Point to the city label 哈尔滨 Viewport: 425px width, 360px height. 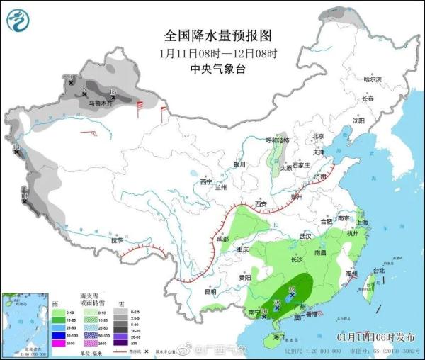tap(372, 79)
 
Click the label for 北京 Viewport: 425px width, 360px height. tap(317, 136)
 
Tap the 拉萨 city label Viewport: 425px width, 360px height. tap(117, 242)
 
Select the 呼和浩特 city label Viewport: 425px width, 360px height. tap(278, 140)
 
